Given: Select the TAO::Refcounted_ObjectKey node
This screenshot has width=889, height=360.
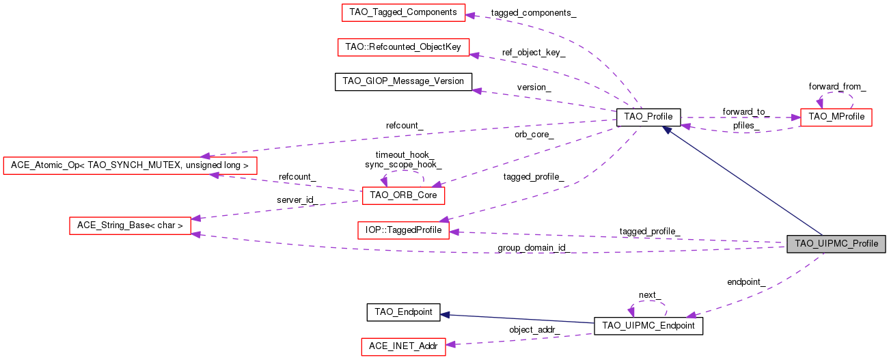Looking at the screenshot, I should (x=403, y=47).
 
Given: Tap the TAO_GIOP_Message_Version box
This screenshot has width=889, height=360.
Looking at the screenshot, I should (x=403, y=81).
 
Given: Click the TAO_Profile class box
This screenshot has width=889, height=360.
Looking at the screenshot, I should (x=648, y=117).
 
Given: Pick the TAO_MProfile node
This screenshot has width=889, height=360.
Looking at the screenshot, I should (x=836, y=117).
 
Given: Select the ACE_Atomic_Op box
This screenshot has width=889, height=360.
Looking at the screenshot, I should (x=130, y=165).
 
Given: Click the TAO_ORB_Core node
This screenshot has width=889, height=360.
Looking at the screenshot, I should (x=403, y=196).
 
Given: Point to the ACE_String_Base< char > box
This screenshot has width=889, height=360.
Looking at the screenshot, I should (x=130, y=225).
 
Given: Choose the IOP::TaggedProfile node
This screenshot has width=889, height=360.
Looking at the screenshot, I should (x=403, y=230).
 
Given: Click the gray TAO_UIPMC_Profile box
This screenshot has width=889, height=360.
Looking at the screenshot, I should (x=836, y=244).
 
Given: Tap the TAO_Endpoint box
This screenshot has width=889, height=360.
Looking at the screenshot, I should (x=403, y=312).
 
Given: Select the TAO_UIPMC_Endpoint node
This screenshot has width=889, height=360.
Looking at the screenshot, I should (x=648, y=326).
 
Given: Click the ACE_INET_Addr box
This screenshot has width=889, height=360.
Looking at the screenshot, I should (x=403, y=346).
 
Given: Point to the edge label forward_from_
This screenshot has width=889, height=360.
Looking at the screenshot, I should (x=837, y=87).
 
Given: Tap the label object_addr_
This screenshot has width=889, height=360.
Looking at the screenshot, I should (x=534, y=329).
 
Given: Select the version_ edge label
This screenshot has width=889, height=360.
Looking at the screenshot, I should (x=534, y=87).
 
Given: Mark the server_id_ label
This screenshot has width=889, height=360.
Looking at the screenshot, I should (x=295, y=199).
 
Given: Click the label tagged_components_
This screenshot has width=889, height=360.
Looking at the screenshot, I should (x=533, y=13).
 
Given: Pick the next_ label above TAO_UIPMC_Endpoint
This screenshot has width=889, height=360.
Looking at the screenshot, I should (x=649, y=295).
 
